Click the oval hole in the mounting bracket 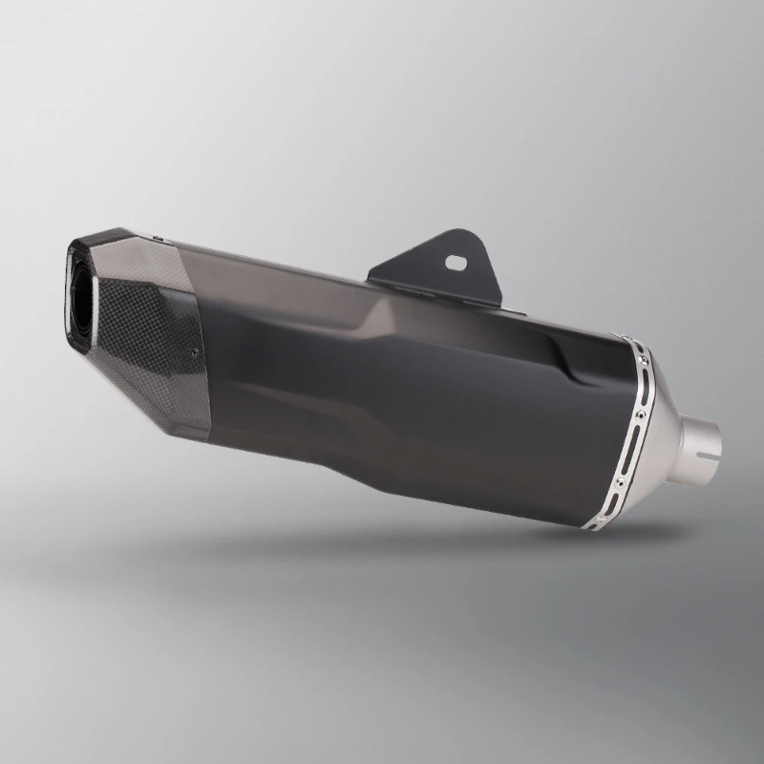pos(456,258)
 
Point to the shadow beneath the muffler pos(430,554)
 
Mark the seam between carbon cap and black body pos(202,363)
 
